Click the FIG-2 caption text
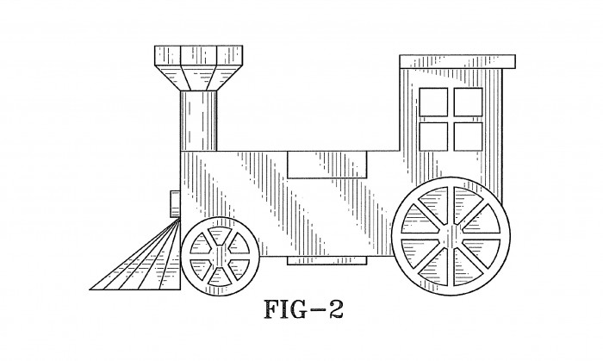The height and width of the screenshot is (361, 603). click(303, 309)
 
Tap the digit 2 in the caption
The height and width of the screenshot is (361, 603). click(334, 309)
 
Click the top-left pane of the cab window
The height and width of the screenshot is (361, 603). click(433, 102)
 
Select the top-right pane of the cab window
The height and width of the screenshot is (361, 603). click(468, 102)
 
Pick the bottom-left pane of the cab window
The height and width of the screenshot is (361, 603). click(433, 136)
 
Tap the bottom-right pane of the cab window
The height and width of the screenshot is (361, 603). click(468, 136)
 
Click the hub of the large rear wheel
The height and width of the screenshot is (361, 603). click(451, 236)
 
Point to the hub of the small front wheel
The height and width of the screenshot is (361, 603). click(220, 256)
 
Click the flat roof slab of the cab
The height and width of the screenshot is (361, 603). click(457, 61)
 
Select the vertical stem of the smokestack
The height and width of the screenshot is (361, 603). click(198, 121)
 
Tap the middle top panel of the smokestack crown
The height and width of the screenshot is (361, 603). click(198, 55)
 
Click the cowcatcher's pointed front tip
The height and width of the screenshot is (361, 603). click(90, 289)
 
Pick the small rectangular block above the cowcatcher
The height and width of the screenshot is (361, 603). click(176, 203)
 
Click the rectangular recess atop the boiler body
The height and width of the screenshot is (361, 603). click(327, 165)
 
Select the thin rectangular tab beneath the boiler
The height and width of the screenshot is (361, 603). click(327, 261)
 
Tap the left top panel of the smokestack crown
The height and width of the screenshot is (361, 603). click(168, 55)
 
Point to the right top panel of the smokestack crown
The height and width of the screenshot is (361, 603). click(230, 55)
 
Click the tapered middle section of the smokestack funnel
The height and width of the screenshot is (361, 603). click(198, 78)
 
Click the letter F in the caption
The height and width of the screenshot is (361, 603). click(272, 309)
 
